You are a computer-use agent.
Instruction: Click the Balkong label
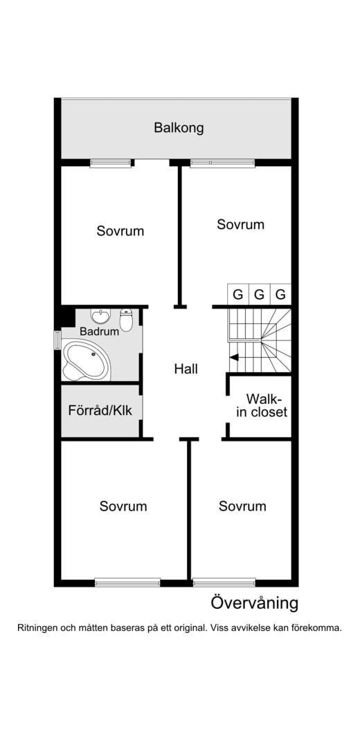(179, 127)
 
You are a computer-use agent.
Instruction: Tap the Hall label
(186, 369)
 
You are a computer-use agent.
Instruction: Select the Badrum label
(99, 331)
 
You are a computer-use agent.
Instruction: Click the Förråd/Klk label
(100, 410)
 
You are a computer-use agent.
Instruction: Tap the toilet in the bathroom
(126, 320)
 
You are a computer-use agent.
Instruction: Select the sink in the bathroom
(100, 316)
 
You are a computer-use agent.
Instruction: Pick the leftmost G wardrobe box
(237, 295)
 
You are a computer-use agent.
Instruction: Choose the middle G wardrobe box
(259, 295)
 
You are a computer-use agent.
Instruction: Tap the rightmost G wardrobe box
(280, 295)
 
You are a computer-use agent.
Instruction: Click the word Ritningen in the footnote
(37, 628)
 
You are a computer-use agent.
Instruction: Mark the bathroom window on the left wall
(57, 340)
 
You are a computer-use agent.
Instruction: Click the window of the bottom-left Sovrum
(127, 582)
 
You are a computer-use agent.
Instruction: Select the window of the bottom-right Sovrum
(224, 582)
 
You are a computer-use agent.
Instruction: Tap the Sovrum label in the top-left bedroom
(120, 230)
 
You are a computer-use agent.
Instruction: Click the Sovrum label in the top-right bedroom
(240, 224)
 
